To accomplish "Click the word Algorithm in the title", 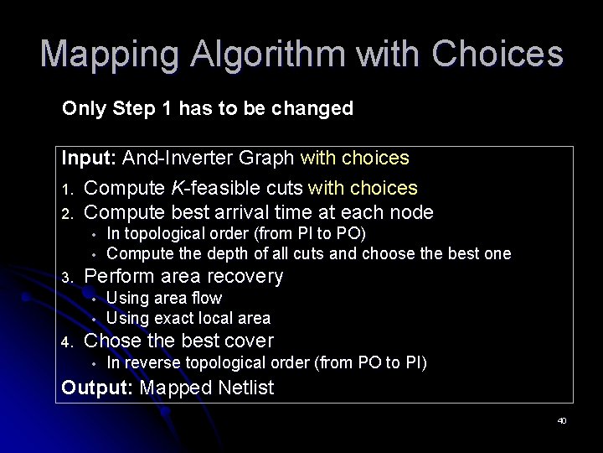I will click(265, 55).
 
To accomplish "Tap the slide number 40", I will click(561, 420).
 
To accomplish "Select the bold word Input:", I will click(90, 158).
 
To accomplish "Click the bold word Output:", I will click(98, 388).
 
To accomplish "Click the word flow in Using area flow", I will click(207, 298).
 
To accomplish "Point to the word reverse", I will click(151, 363).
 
